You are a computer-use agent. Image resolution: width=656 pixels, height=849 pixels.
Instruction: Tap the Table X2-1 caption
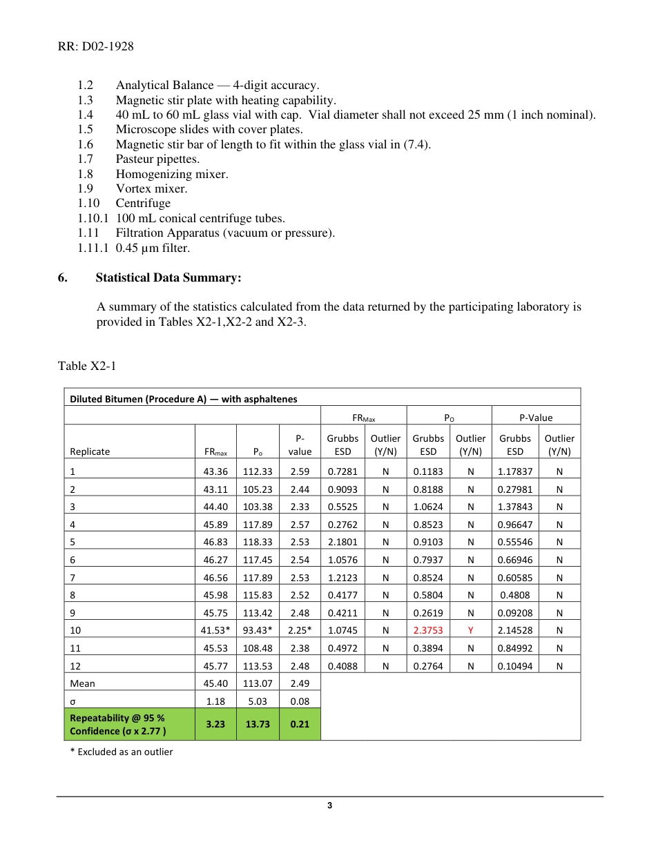click(87, 366)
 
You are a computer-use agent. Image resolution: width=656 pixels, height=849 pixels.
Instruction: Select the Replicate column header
click(90, 451)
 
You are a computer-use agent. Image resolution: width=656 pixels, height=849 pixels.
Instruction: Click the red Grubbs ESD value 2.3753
click(428, 630)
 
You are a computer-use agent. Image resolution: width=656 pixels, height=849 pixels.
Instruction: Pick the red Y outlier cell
click(470, 630)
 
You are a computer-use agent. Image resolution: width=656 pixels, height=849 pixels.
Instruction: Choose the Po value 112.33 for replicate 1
click(258, 471)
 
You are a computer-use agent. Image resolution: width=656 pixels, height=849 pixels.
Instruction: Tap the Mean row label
click(83, 683)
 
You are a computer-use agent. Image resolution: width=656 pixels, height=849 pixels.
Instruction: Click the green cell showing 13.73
click(258, 724)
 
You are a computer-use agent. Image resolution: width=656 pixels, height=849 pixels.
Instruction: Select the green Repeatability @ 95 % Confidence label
click(117, 724)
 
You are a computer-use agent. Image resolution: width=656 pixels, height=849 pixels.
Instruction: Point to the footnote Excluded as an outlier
click(122, 752)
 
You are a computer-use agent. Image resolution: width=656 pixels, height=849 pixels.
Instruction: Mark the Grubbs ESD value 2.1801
click(343, 542)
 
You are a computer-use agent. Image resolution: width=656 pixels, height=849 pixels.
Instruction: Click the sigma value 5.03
click(258, 701)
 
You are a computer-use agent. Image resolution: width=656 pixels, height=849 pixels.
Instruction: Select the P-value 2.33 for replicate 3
click(300, 507)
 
